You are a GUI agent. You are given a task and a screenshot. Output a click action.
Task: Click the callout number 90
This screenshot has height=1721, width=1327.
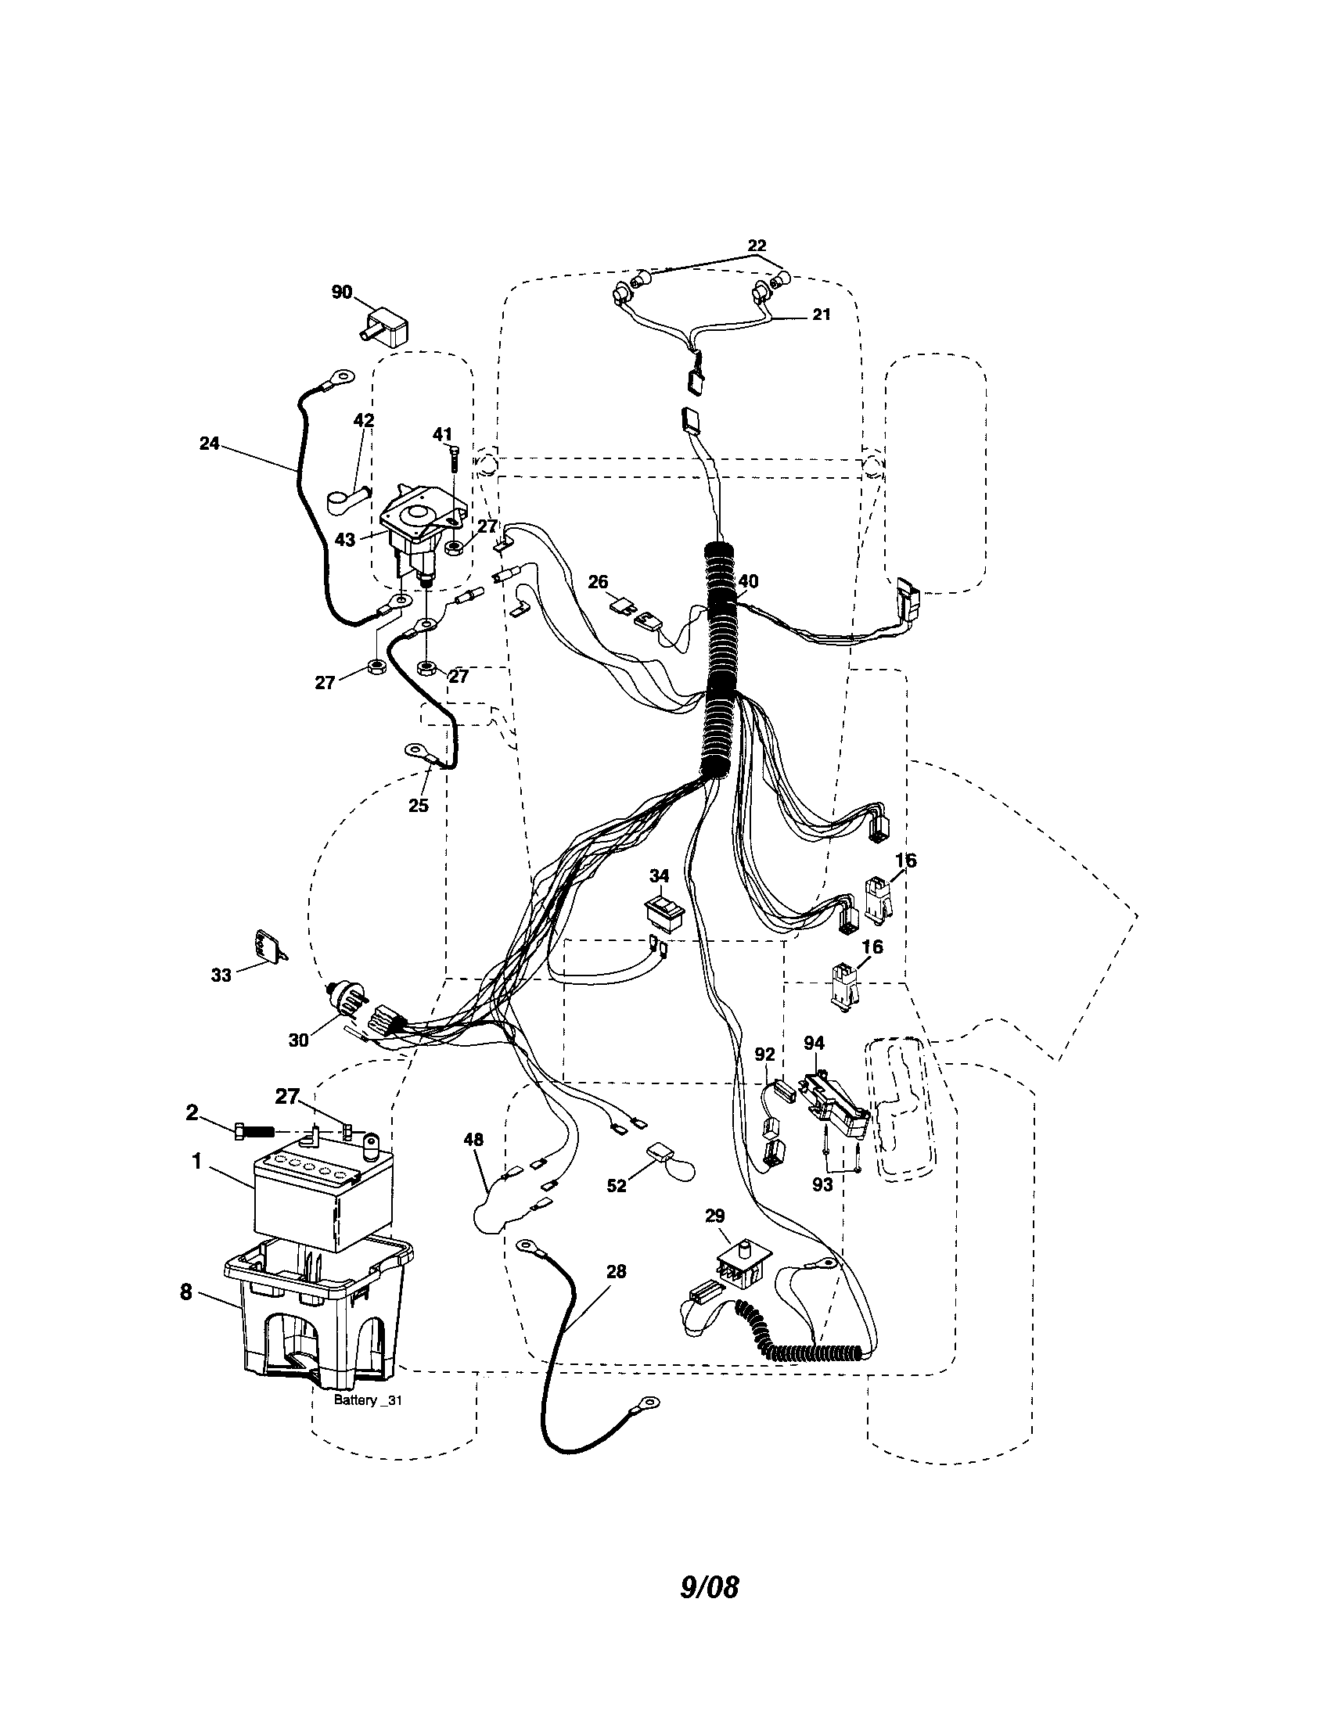click(x=341, y=293)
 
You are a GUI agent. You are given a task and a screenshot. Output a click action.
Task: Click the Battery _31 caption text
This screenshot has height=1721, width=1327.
click(x=368, y=1400)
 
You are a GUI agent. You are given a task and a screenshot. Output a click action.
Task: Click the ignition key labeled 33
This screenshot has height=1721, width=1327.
click(x=267, y=946)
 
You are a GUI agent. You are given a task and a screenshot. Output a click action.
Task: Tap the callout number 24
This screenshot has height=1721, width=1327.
click(x=209, y=444)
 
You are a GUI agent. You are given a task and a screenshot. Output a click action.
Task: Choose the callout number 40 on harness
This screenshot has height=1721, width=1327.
click(x=748, y=581)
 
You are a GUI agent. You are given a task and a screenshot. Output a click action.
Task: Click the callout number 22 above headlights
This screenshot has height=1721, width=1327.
click(x=756, y=246)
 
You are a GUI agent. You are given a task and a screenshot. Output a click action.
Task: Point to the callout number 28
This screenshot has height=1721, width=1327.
click(x=617, y=1271)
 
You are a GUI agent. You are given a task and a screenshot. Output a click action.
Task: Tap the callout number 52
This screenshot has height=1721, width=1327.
click(x=617, y=1207)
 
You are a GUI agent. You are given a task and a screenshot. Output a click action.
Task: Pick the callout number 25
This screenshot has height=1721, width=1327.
click(x=419, y=805)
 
